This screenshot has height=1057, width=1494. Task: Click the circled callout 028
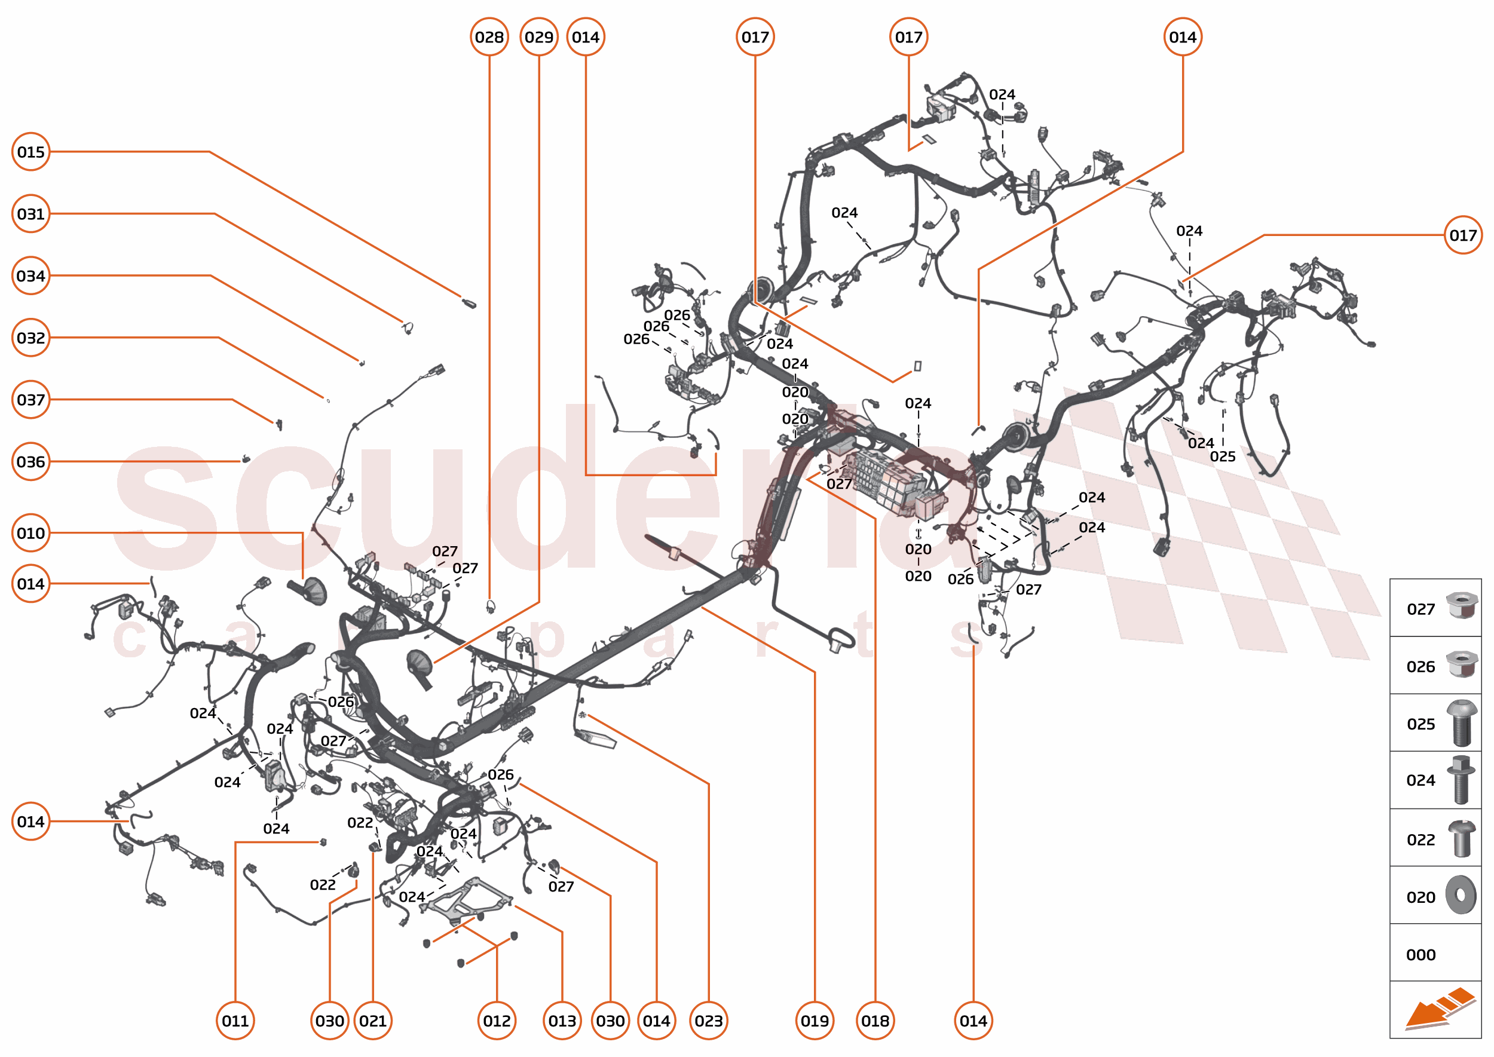click(489, 37)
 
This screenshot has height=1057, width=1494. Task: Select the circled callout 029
click(539, 37)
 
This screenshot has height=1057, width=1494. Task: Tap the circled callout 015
click(30, 152)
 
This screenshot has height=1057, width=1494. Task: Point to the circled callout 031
click(30, 213)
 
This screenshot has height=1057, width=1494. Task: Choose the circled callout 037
click(30, 400)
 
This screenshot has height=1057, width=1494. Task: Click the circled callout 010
click(30, 533)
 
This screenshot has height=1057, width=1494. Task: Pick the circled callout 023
click(708, 1021)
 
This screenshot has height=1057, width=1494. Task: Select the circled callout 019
click(815, 1021)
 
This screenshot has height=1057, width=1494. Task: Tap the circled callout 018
click(875, 1021)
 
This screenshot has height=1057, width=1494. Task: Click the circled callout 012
click(497, 1021)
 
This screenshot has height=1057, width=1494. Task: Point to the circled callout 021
click(373, 1021)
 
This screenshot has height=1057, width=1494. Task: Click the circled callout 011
click(235, 1021)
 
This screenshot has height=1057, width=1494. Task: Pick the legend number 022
click(1420, 840)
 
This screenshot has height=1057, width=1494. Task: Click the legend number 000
click(1420, 955)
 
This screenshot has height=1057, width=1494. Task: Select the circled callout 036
click(30, 461)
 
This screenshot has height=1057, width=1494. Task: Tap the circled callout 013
click(562, 1021)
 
